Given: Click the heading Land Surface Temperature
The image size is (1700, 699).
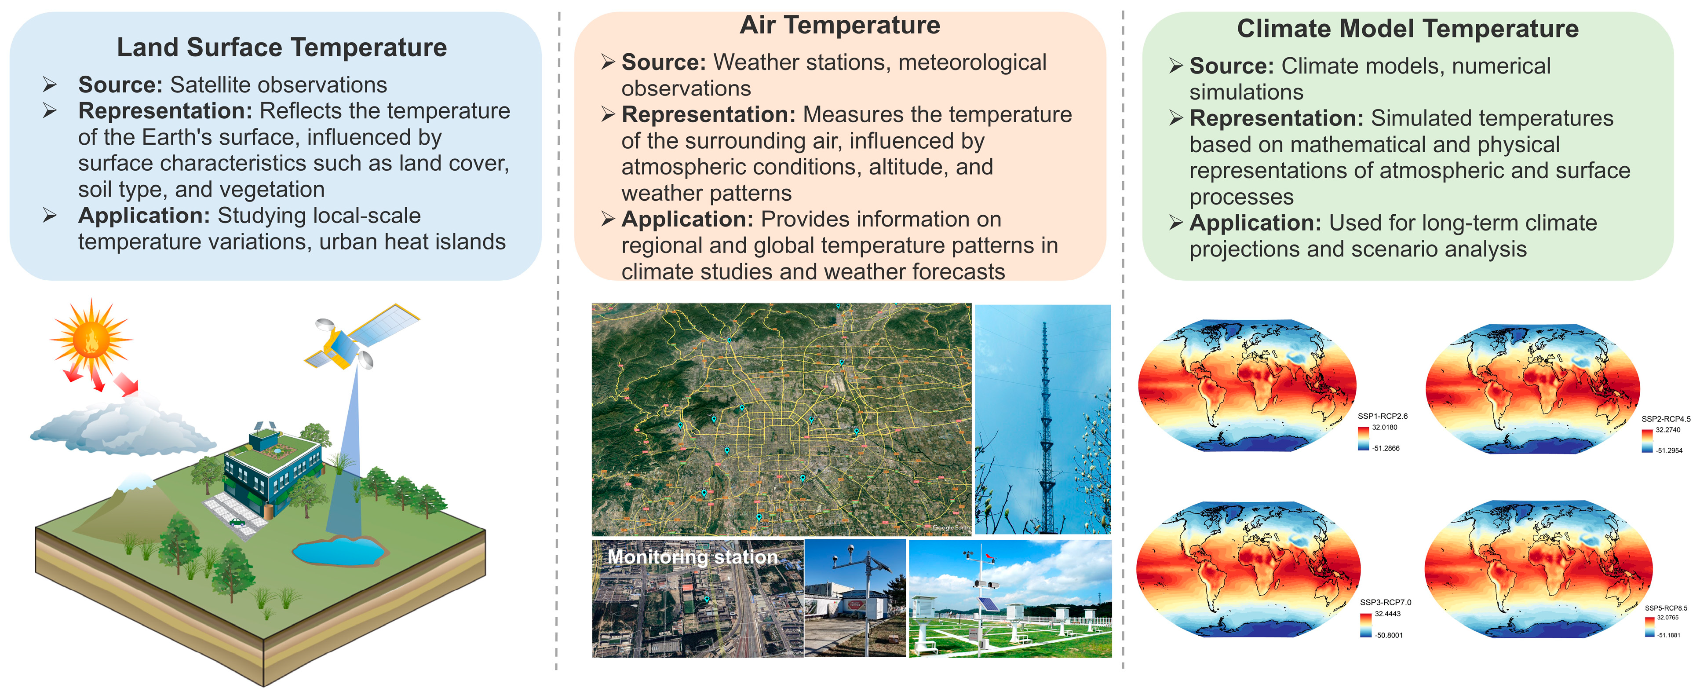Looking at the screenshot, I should (x=282, y=48).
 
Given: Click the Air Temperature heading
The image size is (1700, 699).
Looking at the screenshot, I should (x=839, y=25).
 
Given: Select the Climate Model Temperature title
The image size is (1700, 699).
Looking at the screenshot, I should (x=1407, y=29).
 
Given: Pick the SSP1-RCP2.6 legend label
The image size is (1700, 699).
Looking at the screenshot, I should (x=1382, y=417).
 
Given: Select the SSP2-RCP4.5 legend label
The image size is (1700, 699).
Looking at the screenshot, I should (x=1666, y=419).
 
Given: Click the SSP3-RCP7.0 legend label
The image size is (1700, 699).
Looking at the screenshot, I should (x=1385, y=603).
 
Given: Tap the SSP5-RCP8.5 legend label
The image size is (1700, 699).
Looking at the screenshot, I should (x=1666, y=608).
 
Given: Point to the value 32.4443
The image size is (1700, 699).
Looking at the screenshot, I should (x=1387, y=614).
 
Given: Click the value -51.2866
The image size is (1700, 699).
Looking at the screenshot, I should (x=1386, y=448).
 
